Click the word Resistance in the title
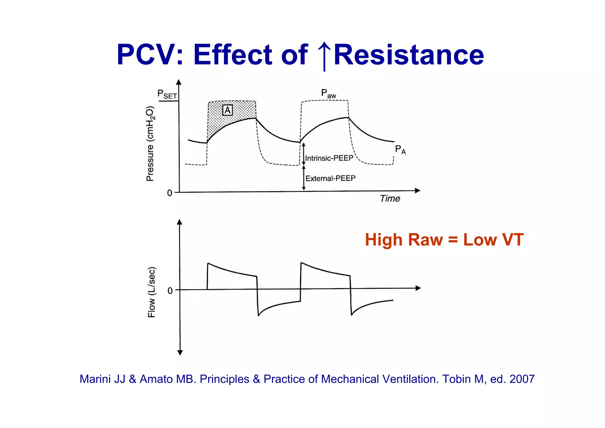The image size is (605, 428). (409, 55)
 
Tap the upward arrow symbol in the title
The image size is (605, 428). (324, 56)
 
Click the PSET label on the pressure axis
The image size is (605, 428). (167, 94)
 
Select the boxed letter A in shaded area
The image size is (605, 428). (227, 110)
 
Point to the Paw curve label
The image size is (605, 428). (328, 94)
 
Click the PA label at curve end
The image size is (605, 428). (400, 150)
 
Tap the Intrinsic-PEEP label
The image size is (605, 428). (329, 158)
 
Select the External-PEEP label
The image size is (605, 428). (330, 178)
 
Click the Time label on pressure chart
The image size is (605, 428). (390, 198)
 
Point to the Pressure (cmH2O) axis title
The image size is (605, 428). (150, 143)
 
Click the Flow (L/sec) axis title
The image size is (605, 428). (151, 292)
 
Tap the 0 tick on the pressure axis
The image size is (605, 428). (170, 193)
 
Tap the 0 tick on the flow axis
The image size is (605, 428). (170, 291)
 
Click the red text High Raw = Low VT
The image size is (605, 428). (444, 239)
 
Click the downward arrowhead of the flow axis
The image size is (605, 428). (180, 352)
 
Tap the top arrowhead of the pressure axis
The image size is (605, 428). (178, 82)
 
